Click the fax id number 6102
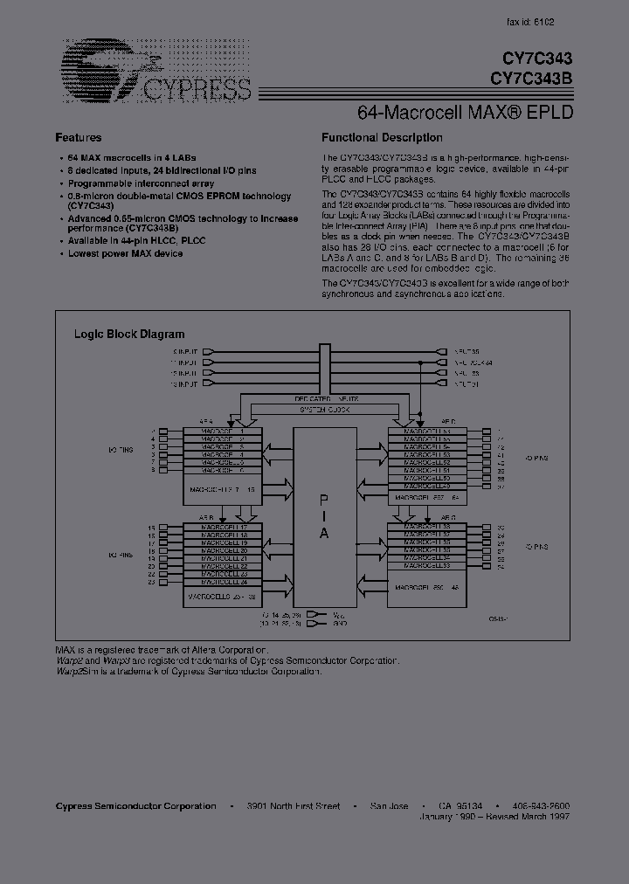coord(543,22)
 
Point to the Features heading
coord(79,138)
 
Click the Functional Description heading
coord(382,138)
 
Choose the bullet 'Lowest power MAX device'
coord(126,253)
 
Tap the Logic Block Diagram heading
coord(129,335)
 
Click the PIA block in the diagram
coord(323,515)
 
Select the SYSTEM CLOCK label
coord(325,410)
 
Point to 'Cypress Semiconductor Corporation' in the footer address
coord(135,806)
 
